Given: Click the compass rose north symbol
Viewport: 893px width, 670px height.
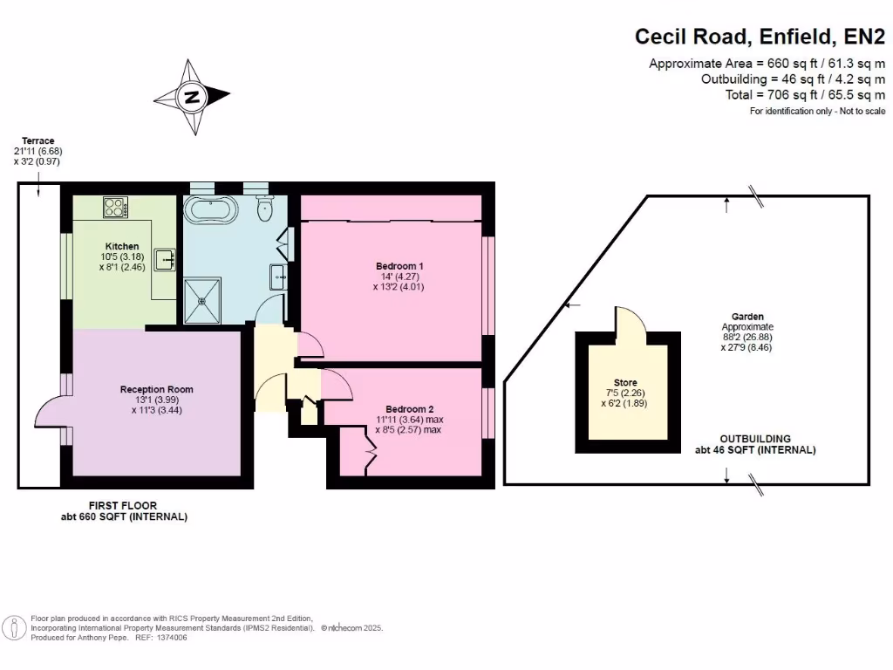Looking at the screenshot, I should [191, 97].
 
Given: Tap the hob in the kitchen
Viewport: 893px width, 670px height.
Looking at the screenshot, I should [115, 208].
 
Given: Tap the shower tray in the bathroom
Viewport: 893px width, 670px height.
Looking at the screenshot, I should [203, 299].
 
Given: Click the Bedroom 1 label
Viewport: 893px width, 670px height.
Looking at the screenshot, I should [400, 265].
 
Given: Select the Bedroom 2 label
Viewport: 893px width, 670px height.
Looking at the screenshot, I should [410, 408].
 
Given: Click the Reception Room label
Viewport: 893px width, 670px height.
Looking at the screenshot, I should [157, 389].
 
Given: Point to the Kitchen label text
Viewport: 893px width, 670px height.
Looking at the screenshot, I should [122, 246].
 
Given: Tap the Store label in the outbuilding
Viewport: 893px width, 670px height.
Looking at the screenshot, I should [625, 383].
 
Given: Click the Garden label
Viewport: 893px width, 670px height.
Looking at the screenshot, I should [748, 317].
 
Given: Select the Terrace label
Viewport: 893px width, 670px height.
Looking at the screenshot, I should [38, 140].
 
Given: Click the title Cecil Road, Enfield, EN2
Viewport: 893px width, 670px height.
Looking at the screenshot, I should [760, 37].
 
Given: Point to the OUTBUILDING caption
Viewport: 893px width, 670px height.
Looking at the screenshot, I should [755, 439].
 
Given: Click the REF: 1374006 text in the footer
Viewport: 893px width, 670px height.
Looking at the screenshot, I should [160, 638].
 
